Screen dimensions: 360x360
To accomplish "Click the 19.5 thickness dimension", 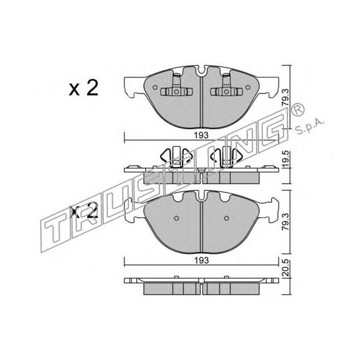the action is [286, 160].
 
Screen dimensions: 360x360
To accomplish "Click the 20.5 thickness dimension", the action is [286, 268].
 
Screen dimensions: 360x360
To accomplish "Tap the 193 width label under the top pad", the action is [202, 135].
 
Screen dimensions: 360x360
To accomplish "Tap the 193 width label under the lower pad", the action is [202, 260].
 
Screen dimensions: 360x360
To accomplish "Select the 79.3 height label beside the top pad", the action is [286, 97].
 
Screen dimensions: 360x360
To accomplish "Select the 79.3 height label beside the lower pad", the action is [286, 221].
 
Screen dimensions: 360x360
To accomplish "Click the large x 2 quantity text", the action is [83, 88].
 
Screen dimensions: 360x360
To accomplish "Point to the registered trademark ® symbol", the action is [298, 110].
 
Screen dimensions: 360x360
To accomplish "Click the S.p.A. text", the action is [310, 127].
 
